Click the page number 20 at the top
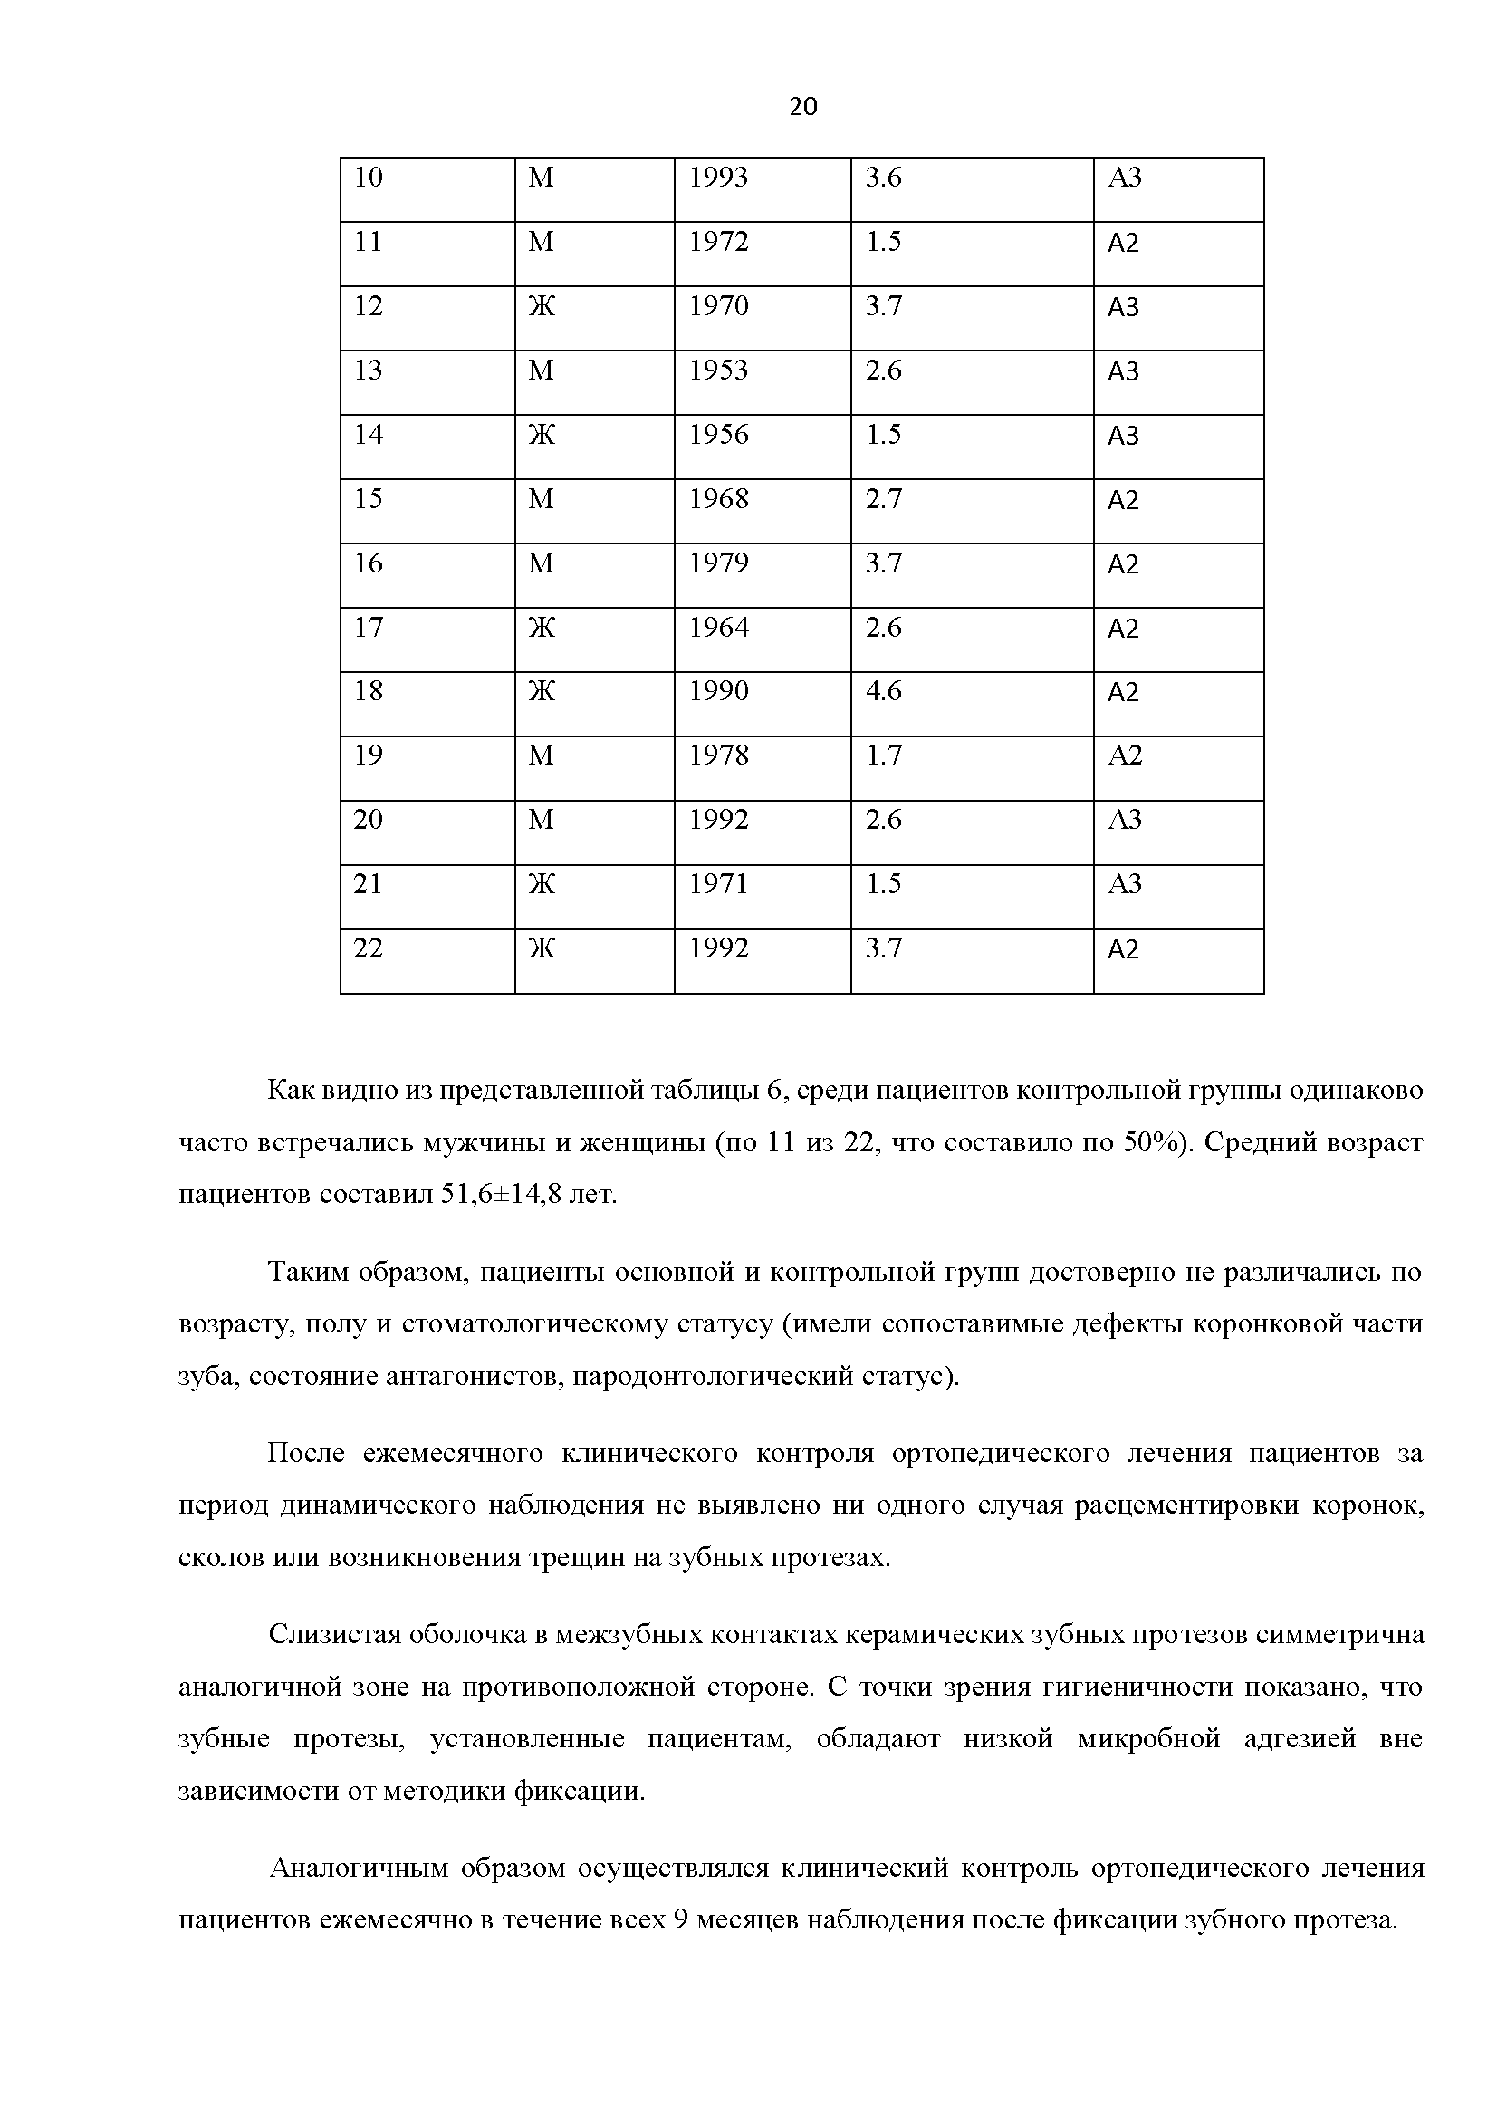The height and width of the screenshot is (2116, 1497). pyautogui.click(x=803, y=108)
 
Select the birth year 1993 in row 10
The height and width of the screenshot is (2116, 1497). pyautogui.click(x=718, y=178)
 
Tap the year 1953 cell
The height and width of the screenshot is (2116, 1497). pyautogui.click(x=718, y=370)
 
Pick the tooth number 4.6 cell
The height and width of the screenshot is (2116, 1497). pyautogui.click(x=883, y=691)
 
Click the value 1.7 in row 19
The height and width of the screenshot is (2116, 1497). pyautogui.click(x=883, y=756)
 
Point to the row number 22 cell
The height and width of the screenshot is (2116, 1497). pyautogui.click(x=368, y=948)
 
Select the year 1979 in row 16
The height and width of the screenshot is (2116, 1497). pyautogui.click(x=718, y=563)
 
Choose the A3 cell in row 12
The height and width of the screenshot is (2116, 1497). pyautogui.click(x=1124, y=307)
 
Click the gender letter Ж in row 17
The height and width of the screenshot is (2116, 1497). pyautogui.click(x=541, y=628)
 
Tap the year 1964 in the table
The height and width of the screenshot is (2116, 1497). pyautogui.click(x=718, y=628)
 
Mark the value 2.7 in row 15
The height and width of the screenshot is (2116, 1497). pyautogui.click(x=883, y=499)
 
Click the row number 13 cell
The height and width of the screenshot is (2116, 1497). pyautogui.click(x=368, y=370)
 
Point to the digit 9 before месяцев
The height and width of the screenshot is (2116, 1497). pyautogui.click(x=680, y=1920)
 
